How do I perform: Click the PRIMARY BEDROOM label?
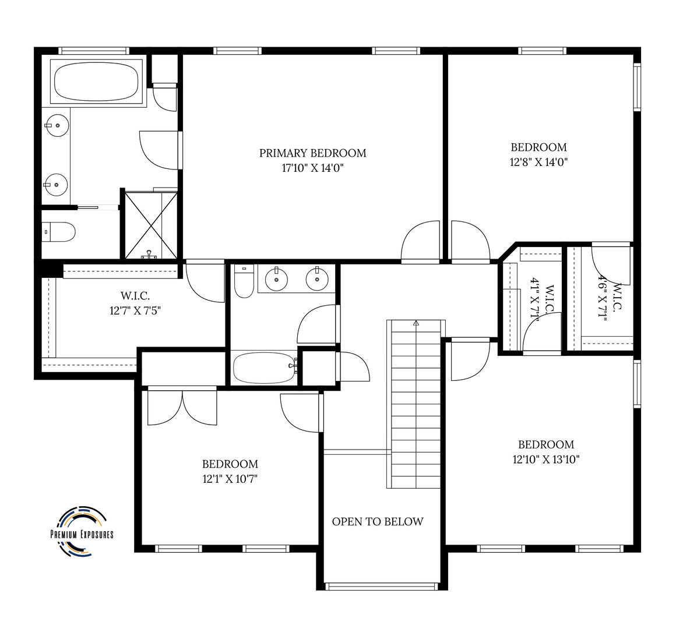313,153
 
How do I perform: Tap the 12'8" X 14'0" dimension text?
539,162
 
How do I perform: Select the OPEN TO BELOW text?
378,521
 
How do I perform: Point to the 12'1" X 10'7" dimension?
230,479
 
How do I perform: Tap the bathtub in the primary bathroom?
97,82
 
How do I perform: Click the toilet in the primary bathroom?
58,232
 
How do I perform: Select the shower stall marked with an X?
151,225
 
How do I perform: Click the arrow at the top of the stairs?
416,323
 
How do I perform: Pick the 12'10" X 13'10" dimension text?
546,460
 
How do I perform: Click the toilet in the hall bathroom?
244,281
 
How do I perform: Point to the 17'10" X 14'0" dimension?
313,168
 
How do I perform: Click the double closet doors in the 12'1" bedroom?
182,407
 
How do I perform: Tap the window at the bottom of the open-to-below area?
382,586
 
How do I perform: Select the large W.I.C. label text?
135,296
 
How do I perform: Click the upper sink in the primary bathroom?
57,125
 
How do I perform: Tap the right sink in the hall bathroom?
318,278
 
